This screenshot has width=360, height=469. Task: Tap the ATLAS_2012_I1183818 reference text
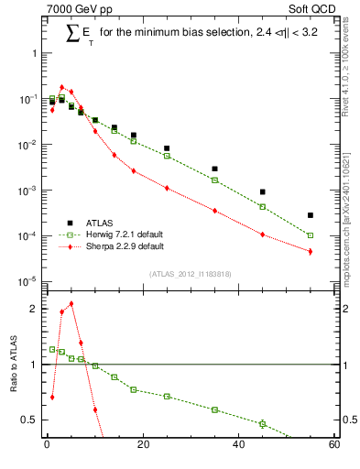190,274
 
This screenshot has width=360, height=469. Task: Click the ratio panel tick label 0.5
29,420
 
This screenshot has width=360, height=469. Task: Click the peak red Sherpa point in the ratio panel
71,303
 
